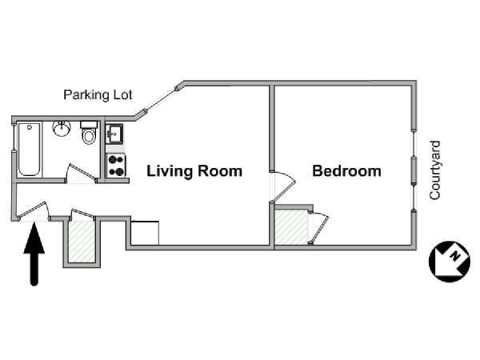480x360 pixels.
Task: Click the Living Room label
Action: click(194, 171)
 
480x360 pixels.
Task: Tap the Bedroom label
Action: click(346, 171)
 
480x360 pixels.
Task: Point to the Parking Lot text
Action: click(98, 95)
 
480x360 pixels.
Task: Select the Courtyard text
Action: click(434, 170)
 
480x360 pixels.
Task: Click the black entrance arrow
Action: click(34, 254)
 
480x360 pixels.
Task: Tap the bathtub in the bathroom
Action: click(29, 150)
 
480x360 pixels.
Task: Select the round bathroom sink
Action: click(62, 129)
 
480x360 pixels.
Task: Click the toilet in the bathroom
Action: click(89, 133)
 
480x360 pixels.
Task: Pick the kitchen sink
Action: click(114, 134)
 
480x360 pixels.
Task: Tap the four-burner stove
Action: click(116, 166)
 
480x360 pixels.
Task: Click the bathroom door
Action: click(80, 172)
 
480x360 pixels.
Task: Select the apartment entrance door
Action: click(33, 210)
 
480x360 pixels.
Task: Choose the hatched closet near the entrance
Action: click(82, 242)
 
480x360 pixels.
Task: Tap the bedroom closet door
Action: click(319, 227)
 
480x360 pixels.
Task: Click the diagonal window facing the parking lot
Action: click(161, 100)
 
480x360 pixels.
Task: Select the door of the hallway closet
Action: click(82, 214)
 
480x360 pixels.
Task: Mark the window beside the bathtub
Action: click(14, 138)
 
